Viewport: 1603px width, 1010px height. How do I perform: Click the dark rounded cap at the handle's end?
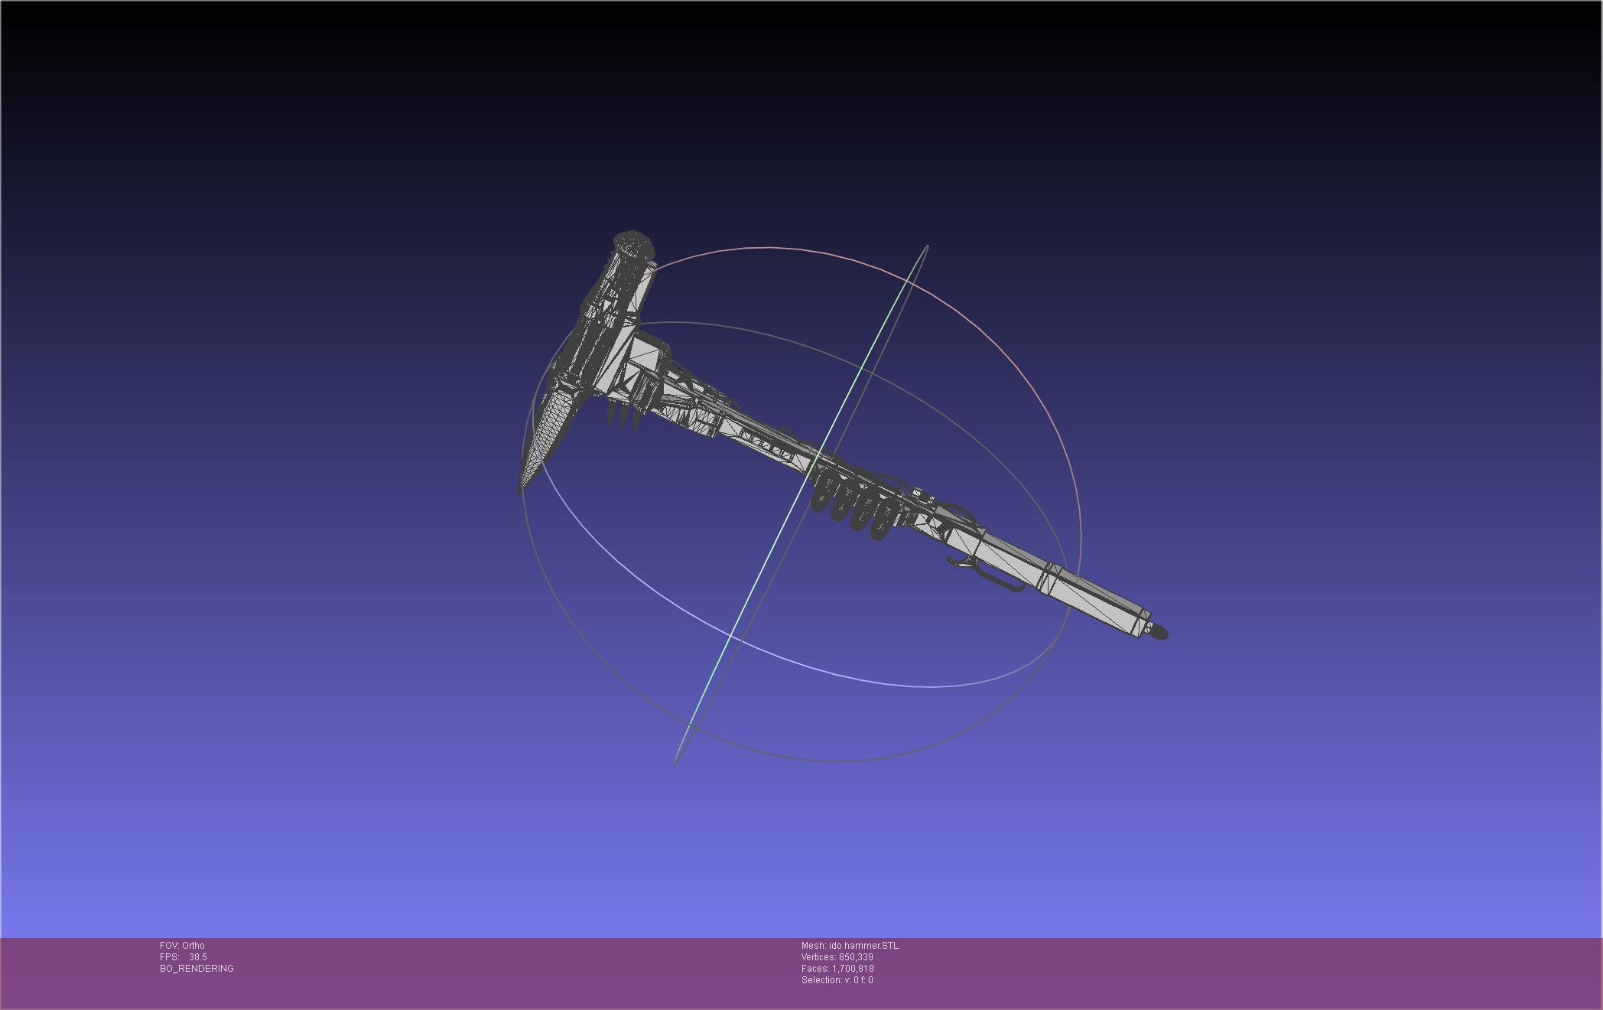[1159, 632]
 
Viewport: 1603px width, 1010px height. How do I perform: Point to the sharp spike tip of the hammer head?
[521, 491]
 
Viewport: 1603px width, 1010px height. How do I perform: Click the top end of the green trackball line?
[927, 246]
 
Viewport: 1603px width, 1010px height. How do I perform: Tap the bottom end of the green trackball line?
[676, 761]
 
